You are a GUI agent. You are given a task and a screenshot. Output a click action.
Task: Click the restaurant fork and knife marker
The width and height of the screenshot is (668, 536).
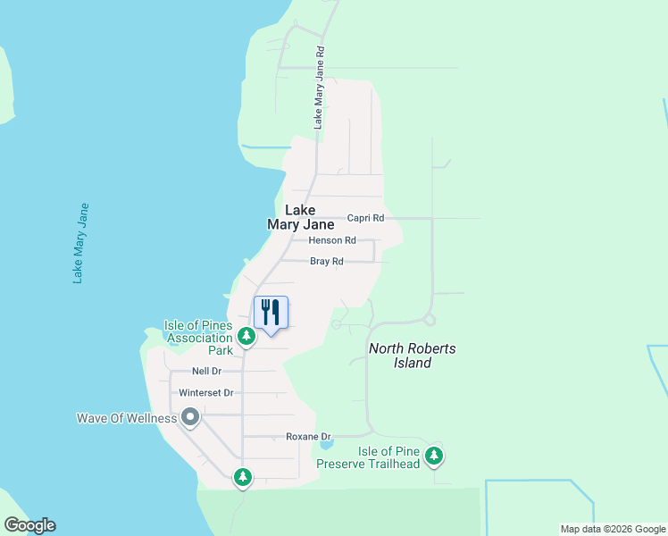(271, 313)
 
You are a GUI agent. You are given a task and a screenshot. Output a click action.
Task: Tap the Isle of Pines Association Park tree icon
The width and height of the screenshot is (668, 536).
(246, 337)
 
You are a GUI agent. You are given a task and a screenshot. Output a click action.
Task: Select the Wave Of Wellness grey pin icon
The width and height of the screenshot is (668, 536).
(189, 417)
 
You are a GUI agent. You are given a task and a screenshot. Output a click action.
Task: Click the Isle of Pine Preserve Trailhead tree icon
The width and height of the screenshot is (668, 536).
(433, 456)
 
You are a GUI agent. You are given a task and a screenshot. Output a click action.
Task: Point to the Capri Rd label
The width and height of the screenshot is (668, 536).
(365, 218)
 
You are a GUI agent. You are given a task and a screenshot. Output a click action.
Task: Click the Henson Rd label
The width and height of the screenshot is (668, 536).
(332, 240)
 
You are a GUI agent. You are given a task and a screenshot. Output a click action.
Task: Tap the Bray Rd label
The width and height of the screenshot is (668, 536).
(326, 262)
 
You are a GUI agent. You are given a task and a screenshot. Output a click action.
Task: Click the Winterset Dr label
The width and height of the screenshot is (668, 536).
(205, 393)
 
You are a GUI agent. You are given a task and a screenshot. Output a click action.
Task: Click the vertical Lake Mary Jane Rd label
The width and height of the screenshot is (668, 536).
(317, 88)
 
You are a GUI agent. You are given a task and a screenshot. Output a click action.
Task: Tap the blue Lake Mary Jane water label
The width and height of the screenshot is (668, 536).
(81, 243)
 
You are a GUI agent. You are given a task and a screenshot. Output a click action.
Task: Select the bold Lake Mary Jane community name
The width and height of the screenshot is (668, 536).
(300, 218)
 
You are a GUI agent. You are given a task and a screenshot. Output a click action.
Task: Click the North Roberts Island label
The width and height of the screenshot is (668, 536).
(412, 356)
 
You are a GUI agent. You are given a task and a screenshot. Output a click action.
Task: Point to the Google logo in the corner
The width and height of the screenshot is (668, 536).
(29, 525)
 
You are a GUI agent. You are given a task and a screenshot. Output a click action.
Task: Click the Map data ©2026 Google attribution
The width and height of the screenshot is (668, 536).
(613, 529)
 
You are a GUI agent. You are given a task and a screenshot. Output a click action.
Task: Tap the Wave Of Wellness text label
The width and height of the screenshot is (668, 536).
(126, 418)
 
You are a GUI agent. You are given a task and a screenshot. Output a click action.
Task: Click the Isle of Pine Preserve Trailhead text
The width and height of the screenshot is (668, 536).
(368, 457)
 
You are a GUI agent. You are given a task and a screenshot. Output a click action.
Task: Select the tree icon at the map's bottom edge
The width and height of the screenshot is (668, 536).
(242, 477)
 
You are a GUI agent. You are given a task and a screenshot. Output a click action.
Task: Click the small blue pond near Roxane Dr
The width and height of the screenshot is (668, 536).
(326, 444)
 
